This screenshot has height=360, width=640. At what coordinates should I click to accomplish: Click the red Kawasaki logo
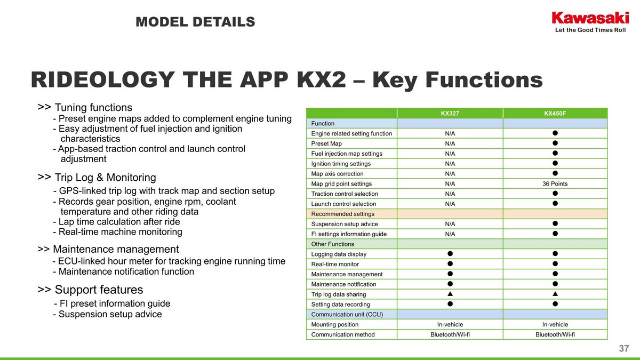tap(590, 18)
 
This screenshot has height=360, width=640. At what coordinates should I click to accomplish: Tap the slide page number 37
tap(623, 348)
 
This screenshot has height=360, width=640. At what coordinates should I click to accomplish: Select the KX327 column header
tap(450, 114)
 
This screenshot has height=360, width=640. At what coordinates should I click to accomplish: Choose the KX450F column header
tap(555, 114)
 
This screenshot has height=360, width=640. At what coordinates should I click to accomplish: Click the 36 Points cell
tap(555, 183)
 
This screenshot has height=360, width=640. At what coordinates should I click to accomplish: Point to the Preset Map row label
tap(326, 143)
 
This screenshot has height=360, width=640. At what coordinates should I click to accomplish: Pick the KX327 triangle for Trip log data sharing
tap(450, 294)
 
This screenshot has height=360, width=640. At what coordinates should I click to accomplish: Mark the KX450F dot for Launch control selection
tap(555, 203)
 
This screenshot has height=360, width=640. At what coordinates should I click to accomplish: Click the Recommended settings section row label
tap(342, 214)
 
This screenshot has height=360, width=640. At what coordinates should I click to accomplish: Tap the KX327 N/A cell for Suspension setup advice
tap(450, 224)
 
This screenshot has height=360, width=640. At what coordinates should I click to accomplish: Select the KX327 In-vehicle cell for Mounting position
tap(450, 324)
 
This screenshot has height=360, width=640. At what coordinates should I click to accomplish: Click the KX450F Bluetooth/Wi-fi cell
tap(555, 334)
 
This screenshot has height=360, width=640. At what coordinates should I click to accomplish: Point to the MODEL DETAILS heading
tap(195, 22)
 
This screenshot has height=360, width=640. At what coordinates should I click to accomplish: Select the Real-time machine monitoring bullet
tap(117, 231)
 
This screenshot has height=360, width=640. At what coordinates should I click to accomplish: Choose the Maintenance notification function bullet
tap(123, 271)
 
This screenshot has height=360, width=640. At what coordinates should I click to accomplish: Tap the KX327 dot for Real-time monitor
tap(450, 263)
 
